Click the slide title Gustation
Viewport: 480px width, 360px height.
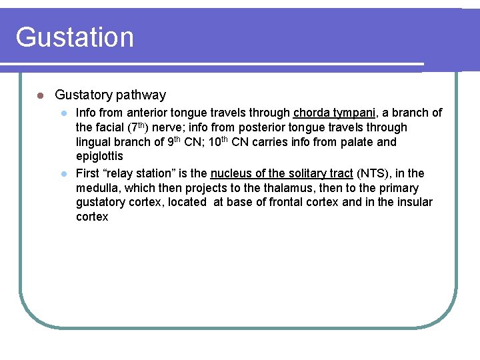click(75, 37)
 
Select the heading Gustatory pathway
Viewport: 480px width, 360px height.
click(110, 95)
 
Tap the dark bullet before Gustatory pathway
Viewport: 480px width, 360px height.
click(41, 96)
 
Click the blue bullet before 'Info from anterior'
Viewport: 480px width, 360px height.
click(65, 113)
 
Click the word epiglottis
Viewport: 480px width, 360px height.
click(99, 157)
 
